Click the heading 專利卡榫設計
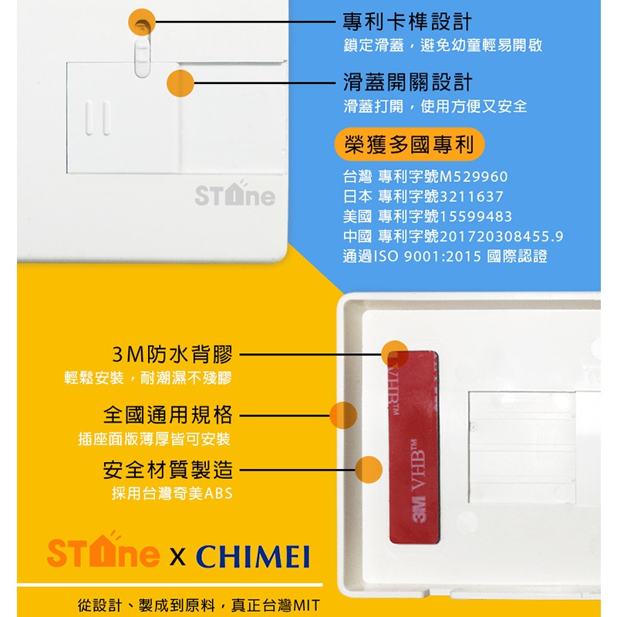click(406, 22)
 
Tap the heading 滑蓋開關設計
click(406, 82)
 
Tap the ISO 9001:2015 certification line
click(445, 256)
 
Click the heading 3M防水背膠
click(171, 355)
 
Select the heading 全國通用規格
click(167, 415)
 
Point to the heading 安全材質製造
click(167, 469)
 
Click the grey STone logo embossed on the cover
click(234, 195)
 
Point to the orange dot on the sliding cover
click(180, 83)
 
